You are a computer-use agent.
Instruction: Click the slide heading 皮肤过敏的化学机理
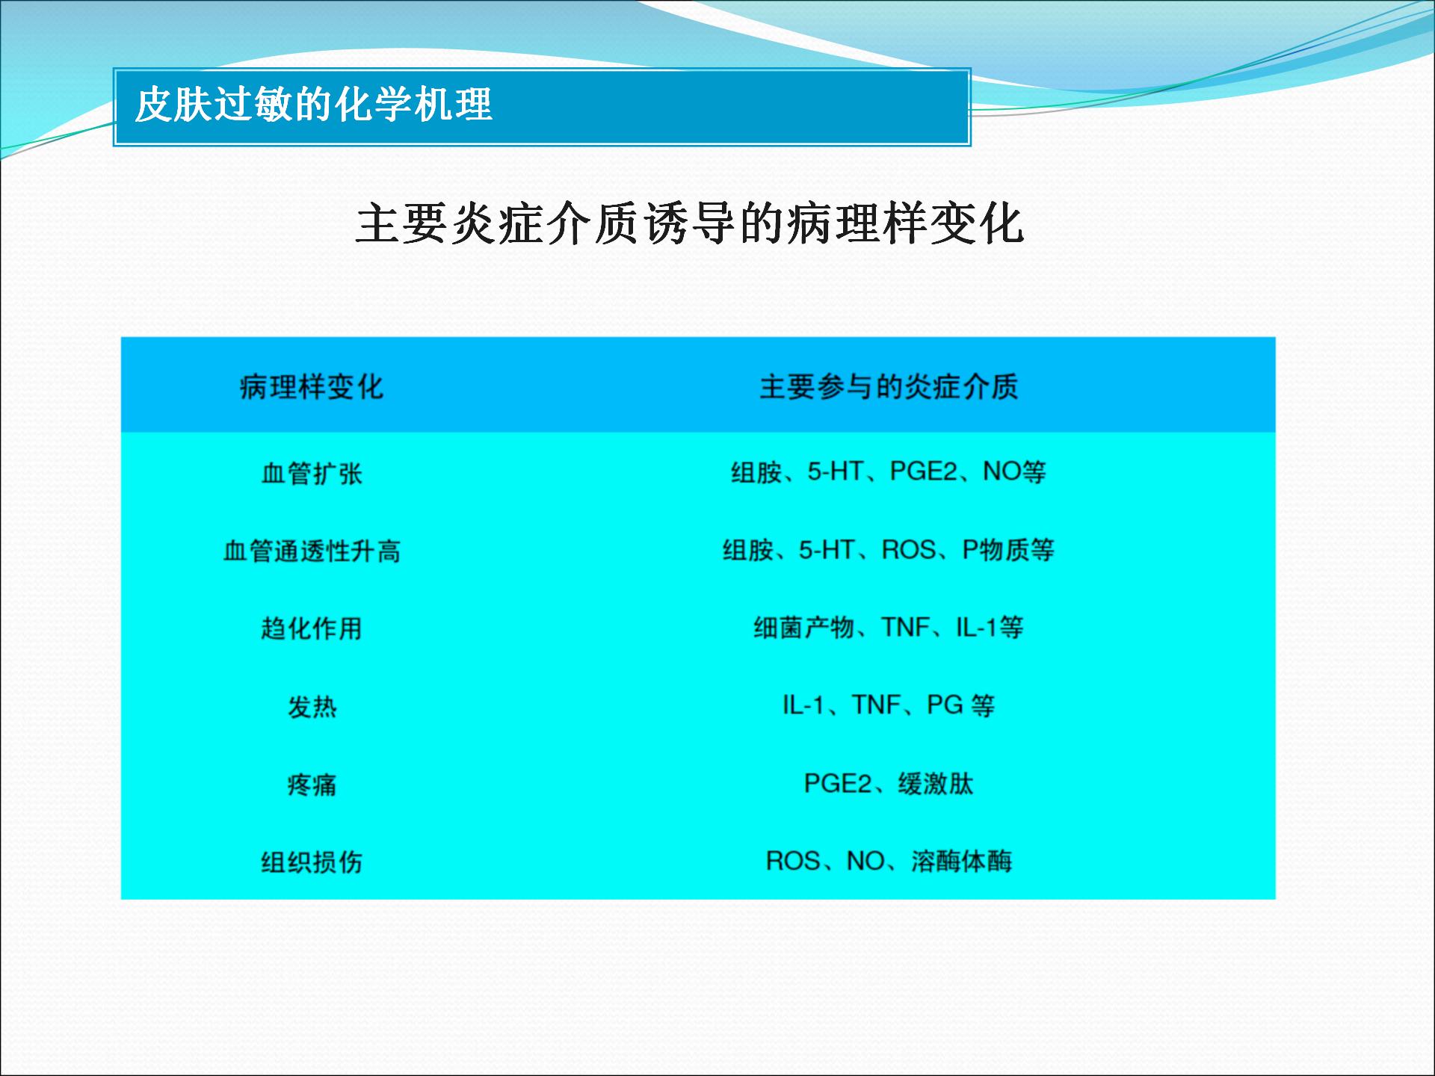tap(313, 105)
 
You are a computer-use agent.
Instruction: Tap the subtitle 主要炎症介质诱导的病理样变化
tap(689, 223)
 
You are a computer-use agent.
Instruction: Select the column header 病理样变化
tap(312, 387)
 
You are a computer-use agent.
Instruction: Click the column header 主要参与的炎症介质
tap(889, 387)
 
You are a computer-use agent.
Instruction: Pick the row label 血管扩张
tap(312, 473)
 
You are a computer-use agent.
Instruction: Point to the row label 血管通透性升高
tap(312, 551)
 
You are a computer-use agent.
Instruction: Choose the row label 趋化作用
tap(312, 628)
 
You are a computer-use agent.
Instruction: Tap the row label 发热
tap(312, 707)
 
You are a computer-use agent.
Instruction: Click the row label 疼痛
tap(312, 785)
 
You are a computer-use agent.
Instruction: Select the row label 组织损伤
tap(312, 862)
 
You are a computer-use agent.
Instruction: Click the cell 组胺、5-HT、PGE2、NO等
tap(889, 472)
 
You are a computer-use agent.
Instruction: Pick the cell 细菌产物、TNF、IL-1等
tap(889, 628)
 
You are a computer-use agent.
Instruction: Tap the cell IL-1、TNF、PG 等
tap(889, 705)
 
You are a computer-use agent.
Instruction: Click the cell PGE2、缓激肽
tap(889, 784)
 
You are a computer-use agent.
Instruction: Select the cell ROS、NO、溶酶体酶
tap(889, 862)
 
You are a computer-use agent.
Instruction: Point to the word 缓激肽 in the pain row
tap(936, 784)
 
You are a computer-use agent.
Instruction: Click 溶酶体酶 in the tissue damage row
tap(962, 862)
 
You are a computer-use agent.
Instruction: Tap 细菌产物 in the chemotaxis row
tap(804, 628)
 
